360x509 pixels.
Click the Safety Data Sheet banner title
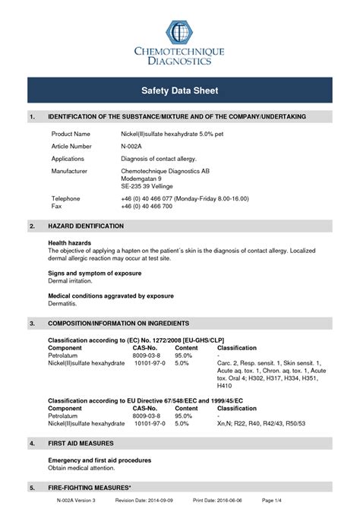(180, 90)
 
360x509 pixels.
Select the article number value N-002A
(133, 146)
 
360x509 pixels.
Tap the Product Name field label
(71, 133)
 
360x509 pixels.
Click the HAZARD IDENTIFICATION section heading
(86, 226)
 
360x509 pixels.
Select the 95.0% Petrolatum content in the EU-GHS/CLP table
(183, 355)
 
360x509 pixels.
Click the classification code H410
(226, 386)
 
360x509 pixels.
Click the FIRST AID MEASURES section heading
(81, 443)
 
